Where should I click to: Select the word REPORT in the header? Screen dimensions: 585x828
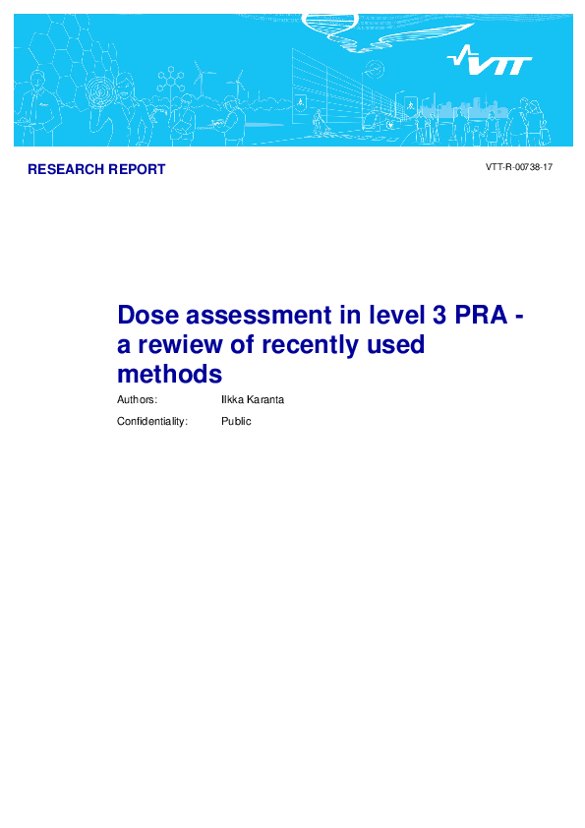[135, 169]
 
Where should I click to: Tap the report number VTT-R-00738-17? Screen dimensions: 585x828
[519, 168]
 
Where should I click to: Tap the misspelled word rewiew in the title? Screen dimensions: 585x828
[182, 345]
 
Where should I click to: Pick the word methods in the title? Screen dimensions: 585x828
[169, 375]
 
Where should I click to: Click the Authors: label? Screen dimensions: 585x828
[137, 400]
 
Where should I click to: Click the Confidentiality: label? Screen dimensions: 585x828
[152, 421]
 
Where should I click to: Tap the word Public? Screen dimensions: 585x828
[236, 421]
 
